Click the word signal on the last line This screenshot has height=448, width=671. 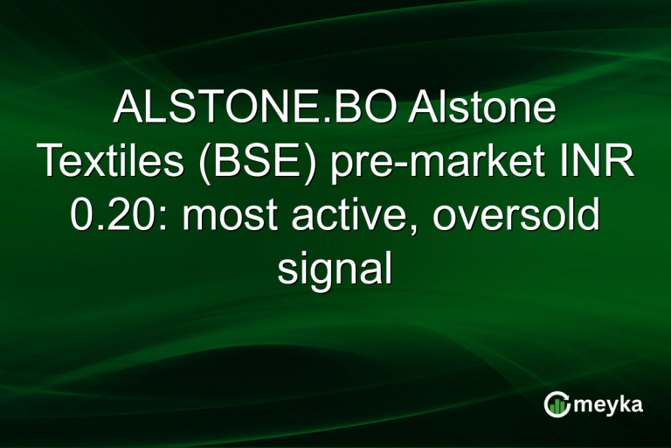335,269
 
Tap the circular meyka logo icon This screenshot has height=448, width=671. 557,403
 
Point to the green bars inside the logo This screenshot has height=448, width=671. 557,405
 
